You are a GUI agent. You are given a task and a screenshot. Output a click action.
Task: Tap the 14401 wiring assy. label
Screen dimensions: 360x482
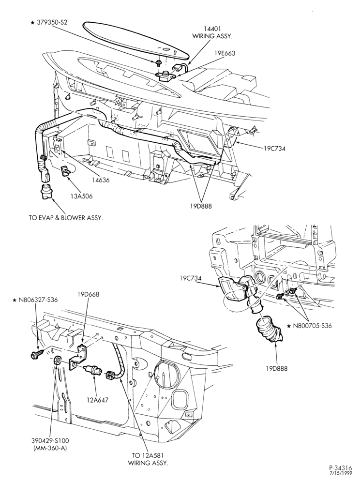pos(212,32)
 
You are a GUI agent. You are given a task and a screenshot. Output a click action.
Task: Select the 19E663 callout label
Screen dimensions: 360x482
pos(225,53)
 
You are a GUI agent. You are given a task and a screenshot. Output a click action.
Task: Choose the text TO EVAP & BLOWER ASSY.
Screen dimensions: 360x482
pos(66,217)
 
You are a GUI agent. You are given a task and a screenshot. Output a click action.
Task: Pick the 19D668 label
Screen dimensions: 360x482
pos(88,294)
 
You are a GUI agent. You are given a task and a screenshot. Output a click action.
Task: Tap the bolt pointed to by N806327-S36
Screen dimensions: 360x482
pos(37,354)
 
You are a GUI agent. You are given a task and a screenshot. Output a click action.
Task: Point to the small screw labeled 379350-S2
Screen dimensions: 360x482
pos(159,63)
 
